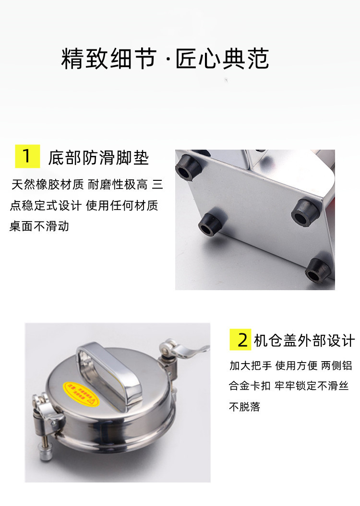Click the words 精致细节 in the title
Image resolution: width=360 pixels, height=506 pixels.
pyautogui.click(x=108, y=59)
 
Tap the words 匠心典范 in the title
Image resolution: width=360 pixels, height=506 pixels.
pyautogui.click(x=222, y=59)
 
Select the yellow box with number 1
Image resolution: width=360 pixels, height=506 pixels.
pyautogui.click(x=27, y=156)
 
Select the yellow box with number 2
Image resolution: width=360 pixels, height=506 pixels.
pyautogui.click(x=241, y=340)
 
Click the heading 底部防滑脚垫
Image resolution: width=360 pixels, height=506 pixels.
pyautogui.click(x=98, y=158)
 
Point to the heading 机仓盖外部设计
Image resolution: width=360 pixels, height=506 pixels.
pyautogui.click(x=304, y=340)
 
